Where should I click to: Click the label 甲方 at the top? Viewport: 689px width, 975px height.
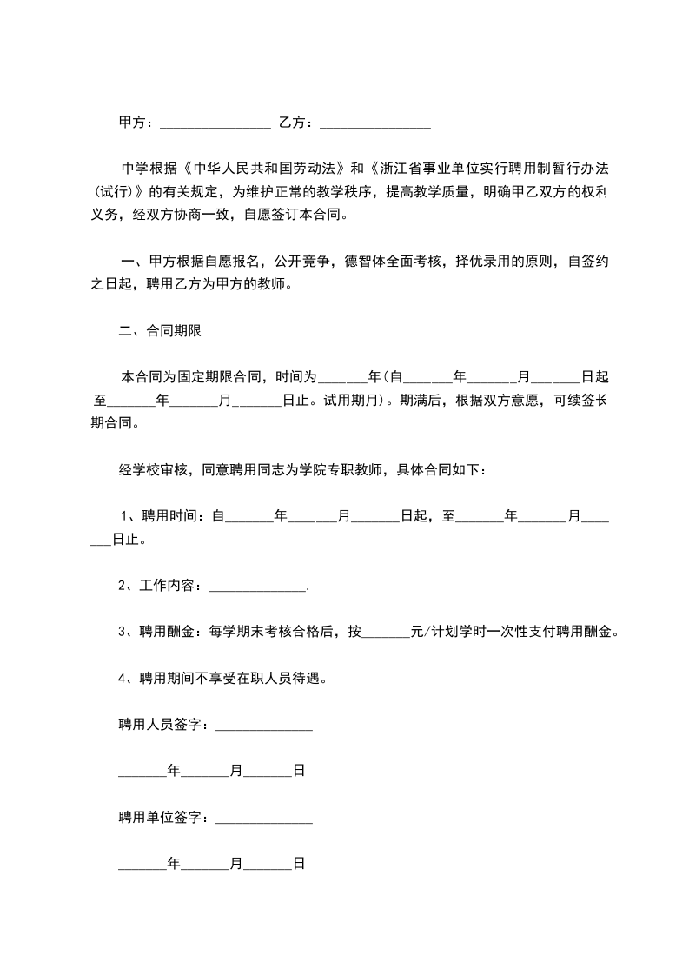(x=134, y=123)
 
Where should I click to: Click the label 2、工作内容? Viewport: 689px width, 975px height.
(x=160, y=587)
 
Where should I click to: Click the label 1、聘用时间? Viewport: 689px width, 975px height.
(x=162, y=516)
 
